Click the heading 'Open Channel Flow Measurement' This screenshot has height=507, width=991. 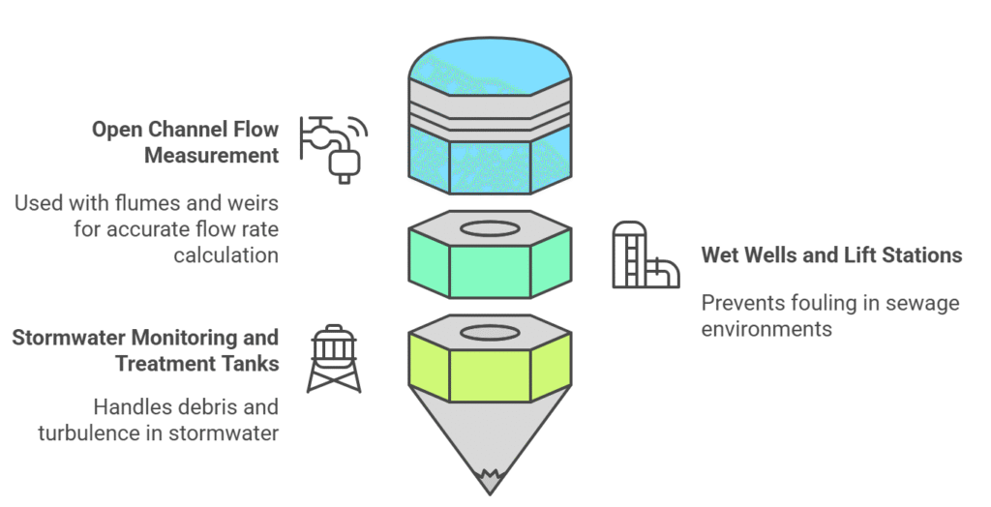tap(185, 141)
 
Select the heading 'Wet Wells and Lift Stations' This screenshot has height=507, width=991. tap(831, 254)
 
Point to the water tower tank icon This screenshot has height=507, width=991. tap(333, 358)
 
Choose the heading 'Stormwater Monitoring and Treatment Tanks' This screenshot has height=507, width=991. tap(145, 350)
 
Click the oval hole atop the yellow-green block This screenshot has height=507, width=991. tap(489, 333)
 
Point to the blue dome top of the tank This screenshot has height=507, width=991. tap(489, 63)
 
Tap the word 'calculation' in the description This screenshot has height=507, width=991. tap(225, 254)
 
